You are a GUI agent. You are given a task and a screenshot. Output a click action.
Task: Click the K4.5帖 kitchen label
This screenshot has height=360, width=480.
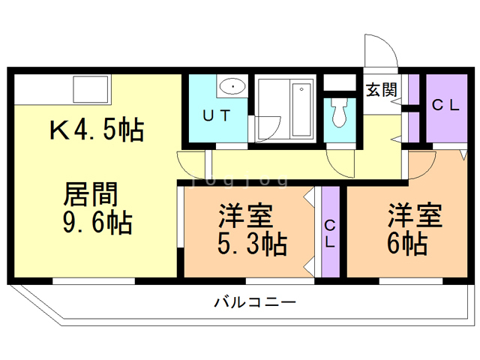[x=97, y=130]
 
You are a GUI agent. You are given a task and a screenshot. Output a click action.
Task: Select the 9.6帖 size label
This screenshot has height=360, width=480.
[x=98, y=223]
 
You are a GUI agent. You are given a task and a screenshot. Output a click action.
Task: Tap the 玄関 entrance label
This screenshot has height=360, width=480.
[x=381, y=90]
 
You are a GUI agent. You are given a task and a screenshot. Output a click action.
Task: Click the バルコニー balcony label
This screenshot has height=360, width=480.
[x=255, y=302]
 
